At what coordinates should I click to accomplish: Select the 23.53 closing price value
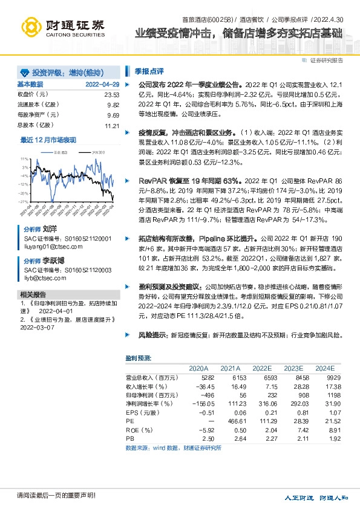112,95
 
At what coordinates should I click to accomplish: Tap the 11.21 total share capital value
112,126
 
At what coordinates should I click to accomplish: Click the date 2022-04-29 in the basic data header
102,84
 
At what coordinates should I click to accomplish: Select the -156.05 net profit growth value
196,403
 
